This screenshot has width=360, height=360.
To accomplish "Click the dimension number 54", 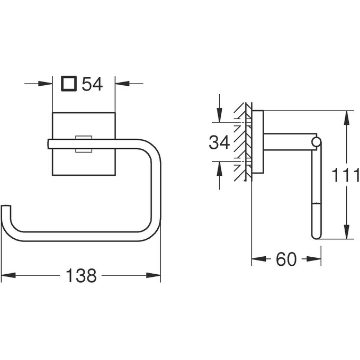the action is (92, 84).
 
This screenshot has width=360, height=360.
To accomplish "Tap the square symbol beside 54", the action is (69, 84).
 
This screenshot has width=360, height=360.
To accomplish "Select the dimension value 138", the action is (81, 275).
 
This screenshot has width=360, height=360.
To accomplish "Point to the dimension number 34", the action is (219, 142).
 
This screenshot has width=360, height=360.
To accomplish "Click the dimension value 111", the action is (346, 175).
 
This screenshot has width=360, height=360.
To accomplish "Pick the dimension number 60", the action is (286, 259).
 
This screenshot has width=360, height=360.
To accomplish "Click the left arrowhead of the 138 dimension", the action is (8, 275).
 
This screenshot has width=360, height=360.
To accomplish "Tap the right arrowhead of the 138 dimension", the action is (154, 275).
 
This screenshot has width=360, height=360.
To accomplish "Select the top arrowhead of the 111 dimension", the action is (347, 118).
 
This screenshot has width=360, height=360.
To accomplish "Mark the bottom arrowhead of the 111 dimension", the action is (347, 232).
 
